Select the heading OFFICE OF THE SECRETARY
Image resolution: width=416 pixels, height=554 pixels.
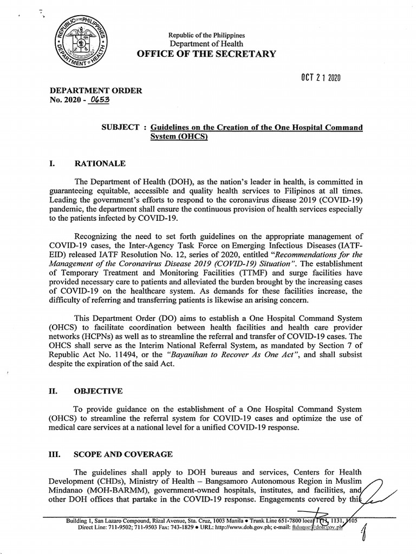point(206,54)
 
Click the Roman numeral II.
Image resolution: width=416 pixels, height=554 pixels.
point(54,391)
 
